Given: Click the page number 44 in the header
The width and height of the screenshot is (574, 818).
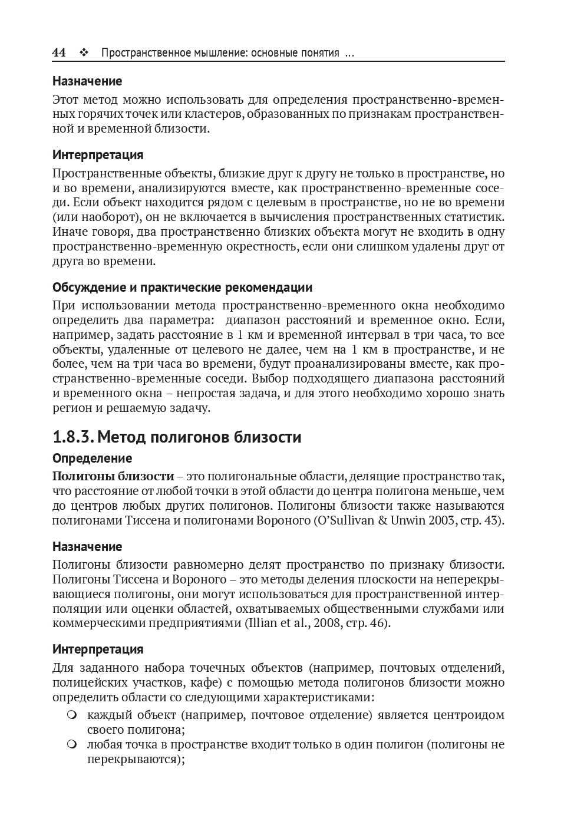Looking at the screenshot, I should (x=59, y=52).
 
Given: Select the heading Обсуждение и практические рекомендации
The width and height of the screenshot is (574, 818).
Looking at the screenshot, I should (x=182, y=288).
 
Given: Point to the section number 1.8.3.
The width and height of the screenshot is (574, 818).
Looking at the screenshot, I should (x=72, y=437).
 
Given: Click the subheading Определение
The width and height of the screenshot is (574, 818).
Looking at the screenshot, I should (x=92, y=458).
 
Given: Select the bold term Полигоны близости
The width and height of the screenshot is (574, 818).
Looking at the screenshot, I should (x=113, y=476).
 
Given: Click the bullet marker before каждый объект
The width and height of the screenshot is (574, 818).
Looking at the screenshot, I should (x=72, y=715).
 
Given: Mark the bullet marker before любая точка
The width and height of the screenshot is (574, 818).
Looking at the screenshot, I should (x=72, y=744).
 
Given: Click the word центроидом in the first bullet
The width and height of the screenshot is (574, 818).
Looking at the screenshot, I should (x=469, y=715).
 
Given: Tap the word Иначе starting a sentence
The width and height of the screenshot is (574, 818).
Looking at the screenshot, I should (x=69, y=232).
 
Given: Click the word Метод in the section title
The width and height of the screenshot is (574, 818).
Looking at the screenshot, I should (x=120, y=437).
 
